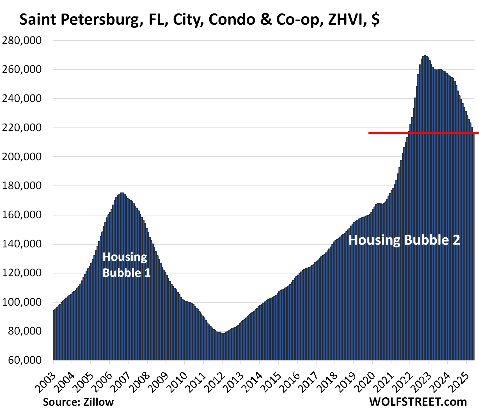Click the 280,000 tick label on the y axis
(x=22, y=41)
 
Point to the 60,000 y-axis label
(x=25, y=360)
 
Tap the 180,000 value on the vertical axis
(x=22, y=186)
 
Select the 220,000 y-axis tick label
(x=22, y=128)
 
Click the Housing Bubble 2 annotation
(x=404, y=240)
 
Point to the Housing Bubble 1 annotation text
(x=126, y=265)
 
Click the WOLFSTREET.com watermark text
(x=418, y=402)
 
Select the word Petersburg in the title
(x=100, y=20)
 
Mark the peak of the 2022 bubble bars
(x=425, y=56)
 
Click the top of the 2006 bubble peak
(x=122, y=193)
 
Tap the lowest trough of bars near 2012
(x=223, y=333)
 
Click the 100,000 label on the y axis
(x=22, y=302)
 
